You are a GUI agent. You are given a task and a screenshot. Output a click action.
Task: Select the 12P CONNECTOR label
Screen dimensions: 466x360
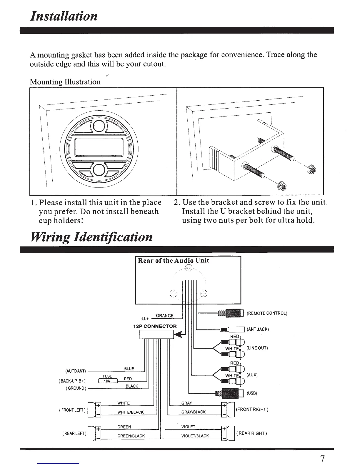[x=155, y=326]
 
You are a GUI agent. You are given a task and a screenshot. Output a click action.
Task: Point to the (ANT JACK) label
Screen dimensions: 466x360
[x=258, y=329]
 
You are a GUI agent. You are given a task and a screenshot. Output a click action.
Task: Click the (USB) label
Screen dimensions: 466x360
[x=252, y=394]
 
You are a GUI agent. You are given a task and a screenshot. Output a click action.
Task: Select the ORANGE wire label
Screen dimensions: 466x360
[x=165, y=316]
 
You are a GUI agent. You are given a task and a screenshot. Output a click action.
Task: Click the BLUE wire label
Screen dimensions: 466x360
[x=129, y=369]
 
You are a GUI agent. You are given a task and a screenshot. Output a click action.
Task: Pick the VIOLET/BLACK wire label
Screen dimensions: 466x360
[x=195, y=436]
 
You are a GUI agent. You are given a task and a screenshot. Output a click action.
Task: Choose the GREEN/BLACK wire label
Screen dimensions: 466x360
[x=131, y=436]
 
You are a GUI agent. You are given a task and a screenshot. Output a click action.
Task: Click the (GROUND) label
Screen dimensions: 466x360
[x=76, y=388]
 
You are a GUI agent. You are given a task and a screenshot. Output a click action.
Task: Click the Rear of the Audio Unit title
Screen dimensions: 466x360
[x=174, y=260]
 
